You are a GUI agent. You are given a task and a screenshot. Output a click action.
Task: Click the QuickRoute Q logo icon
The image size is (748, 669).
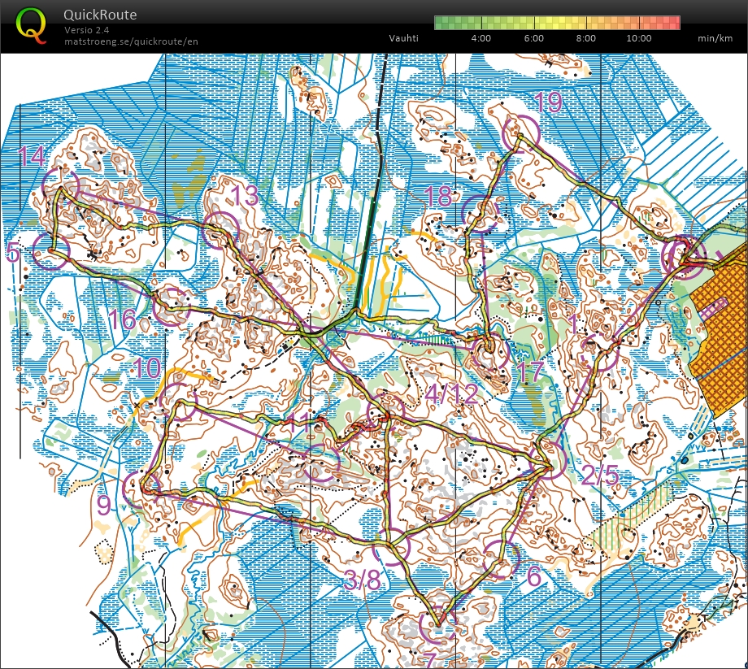point(31,24)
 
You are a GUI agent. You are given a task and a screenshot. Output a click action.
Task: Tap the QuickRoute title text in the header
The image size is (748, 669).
point(100,15)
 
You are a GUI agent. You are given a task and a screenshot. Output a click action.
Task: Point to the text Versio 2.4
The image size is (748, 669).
point(87,30)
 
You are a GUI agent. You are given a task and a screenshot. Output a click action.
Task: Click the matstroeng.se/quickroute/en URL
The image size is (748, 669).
point(131,41)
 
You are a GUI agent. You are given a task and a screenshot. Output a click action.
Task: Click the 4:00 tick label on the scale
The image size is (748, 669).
point(481,38)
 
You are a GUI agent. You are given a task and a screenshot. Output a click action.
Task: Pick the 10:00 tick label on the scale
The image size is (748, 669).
point(639,38)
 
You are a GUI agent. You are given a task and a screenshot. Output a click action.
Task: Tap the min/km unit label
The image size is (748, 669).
point(715,38)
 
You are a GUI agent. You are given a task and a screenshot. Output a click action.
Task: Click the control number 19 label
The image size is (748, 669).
point(549,102)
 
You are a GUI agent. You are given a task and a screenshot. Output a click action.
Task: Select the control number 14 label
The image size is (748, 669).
point(33,155)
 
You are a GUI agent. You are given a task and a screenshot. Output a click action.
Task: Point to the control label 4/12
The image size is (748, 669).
point(452,395)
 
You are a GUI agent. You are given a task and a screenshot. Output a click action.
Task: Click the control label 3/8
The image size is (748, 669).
point(362,581)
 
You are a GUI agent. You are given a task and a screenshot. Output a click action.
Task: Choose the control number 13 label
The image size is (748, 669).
point(245,196)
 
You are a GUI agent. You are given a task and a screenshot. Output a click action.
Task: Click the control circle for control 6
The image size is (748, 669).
point(501,560)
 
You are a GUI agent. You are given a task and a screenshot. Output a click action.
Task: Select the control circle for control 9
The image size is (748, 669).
point(141,488)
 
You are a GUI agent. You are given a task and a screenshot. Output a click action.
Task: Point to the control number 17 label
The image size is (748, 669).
point(530,373)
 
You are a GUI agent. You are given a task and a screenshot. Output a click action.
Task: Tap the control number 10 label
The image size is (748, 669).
point(147,367)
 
